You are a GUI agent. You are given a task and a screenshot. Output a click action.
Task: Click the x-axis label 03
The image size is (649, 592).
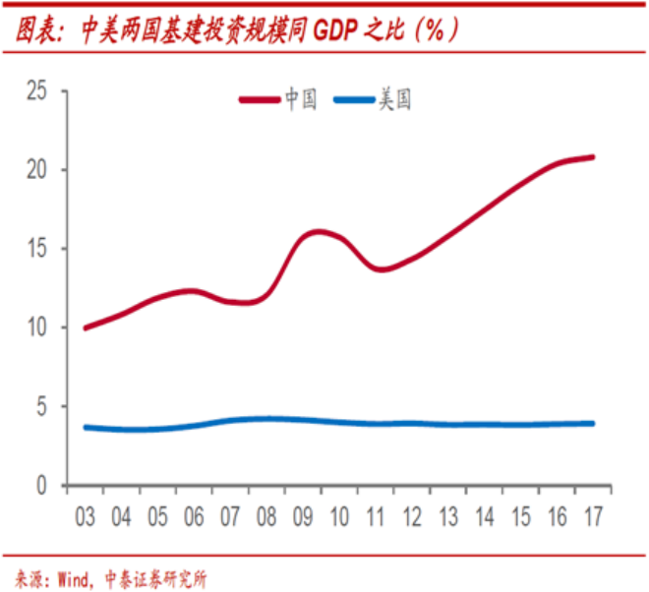87,515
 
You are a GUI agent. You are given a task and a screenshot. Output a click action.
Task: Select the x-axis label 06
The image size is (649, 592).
194,515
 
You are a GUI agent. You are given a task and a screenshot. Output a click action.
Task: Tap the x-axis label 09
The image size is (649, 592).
303,515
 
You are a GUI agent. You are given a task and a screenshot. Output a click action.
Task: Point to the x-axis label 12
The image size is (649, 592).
412,515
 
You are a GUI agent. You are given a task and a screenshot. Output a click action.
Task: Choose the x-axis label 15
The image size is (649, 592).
521,515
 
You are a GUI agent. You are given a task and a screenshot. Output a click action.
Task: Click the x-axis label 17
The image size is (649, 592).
593,515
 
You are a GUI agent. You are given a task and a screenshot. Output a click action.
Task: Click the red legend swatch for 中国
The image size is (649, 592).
260,98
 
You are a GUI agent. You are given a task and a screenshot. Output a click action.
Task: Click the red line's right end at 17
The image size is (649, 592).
592,157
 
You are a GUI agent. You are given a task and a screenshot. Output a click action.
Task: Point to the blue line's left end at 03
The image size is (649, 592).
87,427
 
